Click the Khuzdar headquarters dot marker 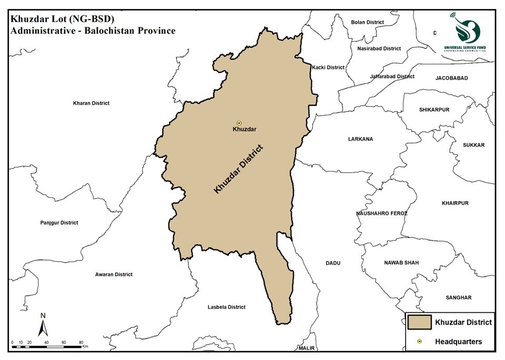pos(239,123)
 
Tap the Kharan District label pos(91,103)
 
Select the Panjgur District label pos(59,223)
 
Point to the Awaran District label pos(114,274)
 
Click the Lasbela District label pos(226,307)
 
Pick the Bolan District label pos(368,22)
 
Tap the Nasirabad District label pos(379,48)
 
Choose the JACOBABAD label pos(451,78)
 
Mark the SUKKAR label pos(473,145)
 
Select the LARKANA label pos(360,139)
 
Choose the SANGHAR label pos(458,297)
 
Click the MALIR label pos(305,348)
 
